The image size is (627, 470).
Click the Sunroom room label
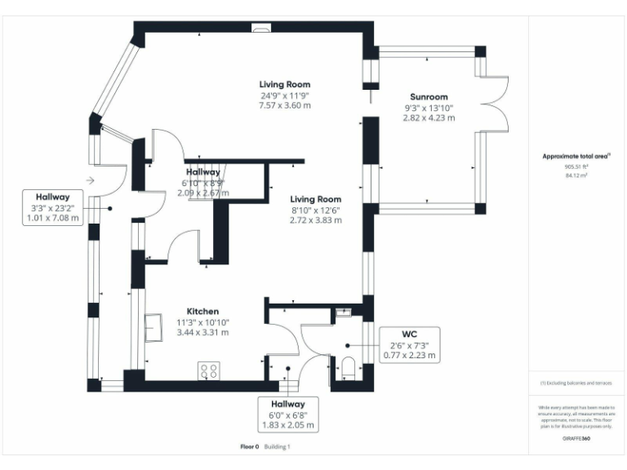pos(429,97)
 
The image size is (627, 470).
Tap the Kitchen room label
pos(202,312)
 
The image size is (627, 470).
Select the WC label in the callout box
pos(409,335)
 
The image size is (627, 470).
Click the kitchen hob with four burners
pos(208,370)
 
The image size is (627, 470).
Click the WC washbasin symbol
pos(342,312)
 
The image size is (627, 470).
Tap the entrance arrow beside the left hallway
pos(90,180)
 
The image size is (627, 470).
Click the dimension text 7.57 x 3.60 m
pos(285,105)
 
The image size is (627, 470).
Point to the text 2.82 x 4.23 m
pos(429,117)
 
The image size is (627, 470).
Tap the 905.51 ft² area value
pos(576,166)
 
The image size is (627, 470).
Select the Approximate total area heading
pos(576,156)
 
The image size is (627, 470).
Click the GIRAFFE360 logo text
pos(576,439)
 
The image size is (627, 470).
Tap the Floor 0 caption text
pos(249,446)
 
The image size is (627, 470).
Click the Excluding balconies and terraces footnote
pos(576,382)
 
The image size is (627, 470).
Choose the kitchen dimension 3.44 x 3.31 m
pos(202,332)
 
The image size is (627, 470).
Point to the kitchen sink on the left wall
pos(153,329)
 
